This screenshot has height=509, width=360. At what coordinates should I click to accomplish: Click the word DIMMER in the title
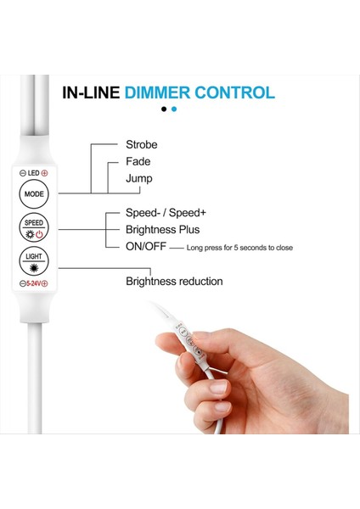click(x=158, y=92)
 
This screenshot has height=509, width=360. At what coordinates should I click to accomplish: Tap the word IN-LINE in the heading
click(x=91, y=92)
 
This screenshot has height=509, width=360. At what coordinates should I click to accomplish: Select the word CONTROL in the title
click(x=234, y=92)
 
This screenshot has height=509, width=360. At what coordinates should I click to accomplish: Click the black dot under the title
click(x=164, y=109)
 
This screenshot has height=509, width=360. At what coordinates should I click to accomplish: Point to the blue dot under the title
click(x=174, y=109)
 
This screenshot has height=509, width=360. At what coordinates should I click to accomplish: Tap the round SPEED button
click(x=34, y=227)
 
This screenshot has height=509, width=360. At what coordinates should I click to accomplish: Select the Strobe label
click(x=141, y=144)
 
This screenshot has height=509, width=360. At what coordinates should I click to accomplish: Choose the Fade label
click(x=138, y=161)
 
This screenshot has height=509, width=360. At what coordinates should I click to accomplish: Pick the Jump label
click(x=139, y=178)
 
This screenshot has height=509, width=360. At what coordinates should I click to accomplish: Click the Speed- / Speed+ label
click(x=166, y=214)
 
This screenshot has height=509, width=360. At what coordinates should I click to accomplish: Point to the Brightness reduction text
click(x=174, y=281)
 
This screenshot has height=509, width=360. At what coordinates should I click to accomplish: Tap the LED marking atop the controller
click(x=34, y=173)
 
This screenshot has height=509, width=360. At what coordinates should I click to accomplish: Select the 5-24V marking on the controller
click(x=34, y=283)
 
